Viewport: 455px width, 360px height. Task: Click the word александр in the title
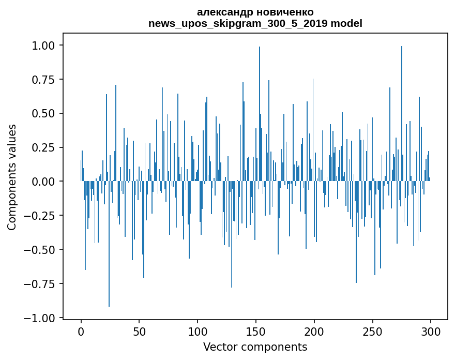[224, 12]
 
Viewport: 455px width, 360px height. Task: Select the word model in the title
[346, 23]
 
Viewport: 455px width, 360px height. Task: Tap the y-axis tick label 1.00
[43, 46]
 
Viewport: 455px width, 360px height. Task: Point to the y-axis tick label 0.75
[43, 80]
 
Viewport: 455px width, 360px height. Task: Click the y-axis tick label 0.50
[43, 113]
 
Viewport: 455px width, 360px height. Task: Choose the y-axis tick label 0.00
[43, 182]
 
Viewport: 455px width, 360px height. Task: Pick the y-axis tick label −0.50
[39, 250]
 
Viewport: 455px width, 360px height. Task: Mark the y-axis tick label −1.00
[39, 318]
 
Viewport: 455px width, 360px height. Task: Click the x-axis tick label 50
[139, 332]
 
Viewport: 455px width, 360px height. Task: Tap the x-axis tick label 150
[255, 332]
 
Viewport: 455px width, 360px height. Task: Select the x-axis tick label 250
[372, 332]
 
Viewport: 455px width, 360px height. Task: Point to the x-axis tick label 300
[431, 332]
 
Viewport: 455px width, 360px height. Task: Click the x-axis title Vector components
[255, 347]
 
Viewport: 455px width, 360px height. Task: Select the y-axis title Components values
[11, 177]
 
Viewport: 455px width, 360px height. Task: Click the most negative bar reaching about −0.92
[109, 244]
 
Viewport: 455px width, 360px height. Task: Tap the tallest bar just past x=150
[260, 114]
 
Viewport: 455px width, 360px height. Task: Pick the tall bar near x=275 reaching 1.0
[402, 113]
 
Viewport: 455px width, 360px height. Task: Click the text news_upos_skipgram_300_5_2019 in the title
[238, 23]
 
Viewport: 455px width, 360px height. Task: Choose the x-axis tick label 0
[81, 332]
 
